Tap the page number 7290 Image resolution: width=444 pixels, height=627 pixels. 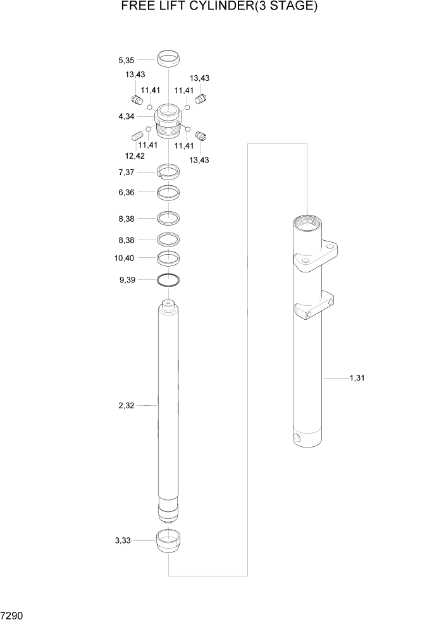coord(13,615)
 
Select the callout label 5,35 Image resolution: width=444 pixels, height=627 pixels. coord(126,61)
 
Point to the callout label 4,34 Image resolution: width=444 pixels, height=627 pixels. coord(126,116)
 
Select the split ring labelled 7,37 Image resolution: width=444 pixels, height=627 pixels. coord(168,170)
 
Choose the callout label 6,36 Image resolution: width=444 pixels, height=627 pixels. coord(126,193)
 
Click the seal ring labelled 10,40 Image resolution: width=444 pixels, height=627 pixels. coord(168,257)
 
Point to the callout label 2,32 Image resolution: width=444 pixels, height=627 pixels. coord(126,405)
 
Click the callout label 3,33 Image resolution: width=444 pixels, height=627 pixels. coord(123,540)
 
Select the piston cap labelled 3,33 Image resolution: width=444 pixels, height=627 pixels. coord(168,542)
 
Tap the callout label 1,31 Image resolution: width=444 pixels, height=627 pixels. coord(357,378)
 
